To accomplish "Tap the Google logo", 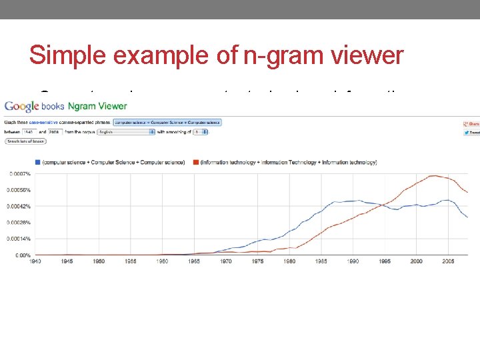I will pyautogui.click(x=21, y=107).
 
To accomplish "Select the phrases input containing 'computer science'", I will pyautogui.click(x=167, y=123).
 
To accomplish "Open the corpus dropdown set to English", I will pyautogui.click(x=125, y=132).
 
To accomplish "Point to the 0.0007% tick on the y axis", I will pyautogui.click(x=19, y=174).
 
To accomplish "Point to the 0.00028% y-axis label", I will pyautogui.click(x=19, y=223).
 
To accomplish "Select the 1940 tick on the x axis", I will pyautogui.click(x=35, y=261).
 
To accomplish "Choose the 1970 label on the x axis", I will pyautogui.click(x=226, y=261).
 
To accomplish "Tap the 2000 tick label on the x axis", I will pyautogui.click(x=416, y=261).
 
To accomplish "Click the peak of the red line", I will pyautogui.click(x=434, y=176).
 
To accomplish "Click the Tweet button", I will pyautogui.click(x=471, y=133).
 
